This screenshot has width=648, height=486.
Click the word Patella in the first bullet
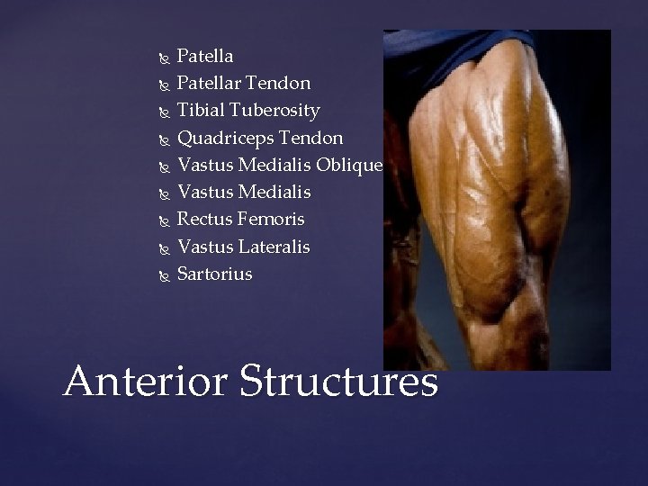(205, 57)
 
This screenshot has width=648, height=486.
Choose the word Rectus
(205, 220)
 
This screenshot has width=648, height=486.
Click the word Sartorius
(215, 274)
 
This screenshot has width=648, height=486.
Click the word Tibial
(201, 111)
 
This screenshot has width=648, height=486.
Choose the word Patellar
(212, 84)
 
